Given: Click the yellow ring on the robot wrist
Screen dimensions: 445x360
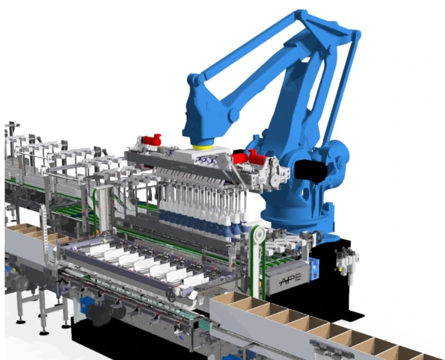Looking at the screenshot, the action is tap(201, 147).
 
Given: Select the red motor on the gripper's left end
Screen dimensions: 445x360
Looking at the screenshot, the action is tap(152, 140).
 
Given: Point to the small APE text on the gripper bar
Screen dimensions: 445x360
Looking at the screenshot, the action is tap(183, 168).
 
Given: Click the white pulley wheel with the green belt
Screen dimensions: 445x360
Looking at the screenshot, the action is tap(259, 235).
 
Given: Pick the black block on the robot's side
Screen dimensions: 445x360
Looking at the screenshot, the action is tap(311, 170).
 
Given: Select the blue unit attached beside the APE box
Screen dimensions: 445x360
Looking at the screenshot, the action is tap(313, 268).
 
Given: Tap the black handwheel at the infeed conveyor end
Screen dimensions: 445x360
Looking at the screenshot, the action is tap(171, 295).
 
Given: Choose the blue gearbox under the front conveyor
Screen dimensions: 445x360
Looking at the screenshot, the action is tap(85, 305).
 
